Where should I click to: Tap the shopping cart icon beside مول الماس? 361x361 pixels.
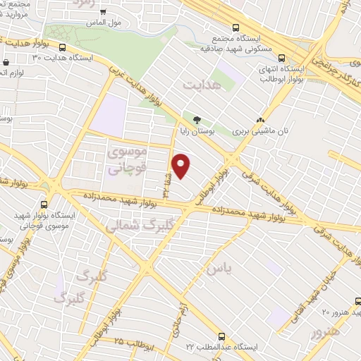(103, 12)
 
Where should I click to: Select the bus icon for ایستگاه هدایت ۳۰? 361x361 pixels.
(63, 48)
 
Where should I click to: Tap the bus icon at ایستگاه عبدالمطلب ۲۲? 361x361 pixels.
(223, 336)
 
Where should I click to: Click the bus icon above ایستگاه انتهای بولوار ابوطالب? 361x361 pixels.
(282, 59)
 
